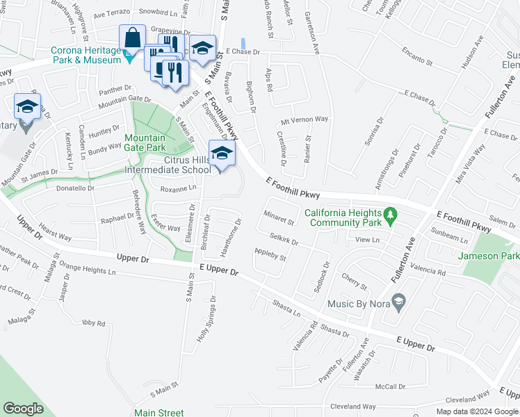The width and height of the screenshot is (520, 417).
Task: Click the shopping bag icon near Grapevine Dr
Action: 132,38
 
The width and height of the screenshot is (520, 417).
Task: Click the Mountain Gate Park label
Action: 145,142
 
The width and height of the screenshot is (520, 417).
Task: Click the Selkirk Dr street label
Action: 284,238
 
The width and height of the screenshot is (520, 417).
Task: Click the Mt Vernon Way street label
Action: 304,119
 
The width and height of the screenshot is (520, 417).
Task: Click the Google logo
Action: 23,409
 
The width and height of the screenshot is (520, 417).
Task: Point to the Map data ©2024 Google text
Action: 477,411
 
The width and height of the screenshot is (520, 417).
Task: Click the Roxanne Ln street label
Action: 179,188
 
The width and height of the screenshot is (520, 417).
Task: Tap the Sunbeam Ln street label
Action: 449,236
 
